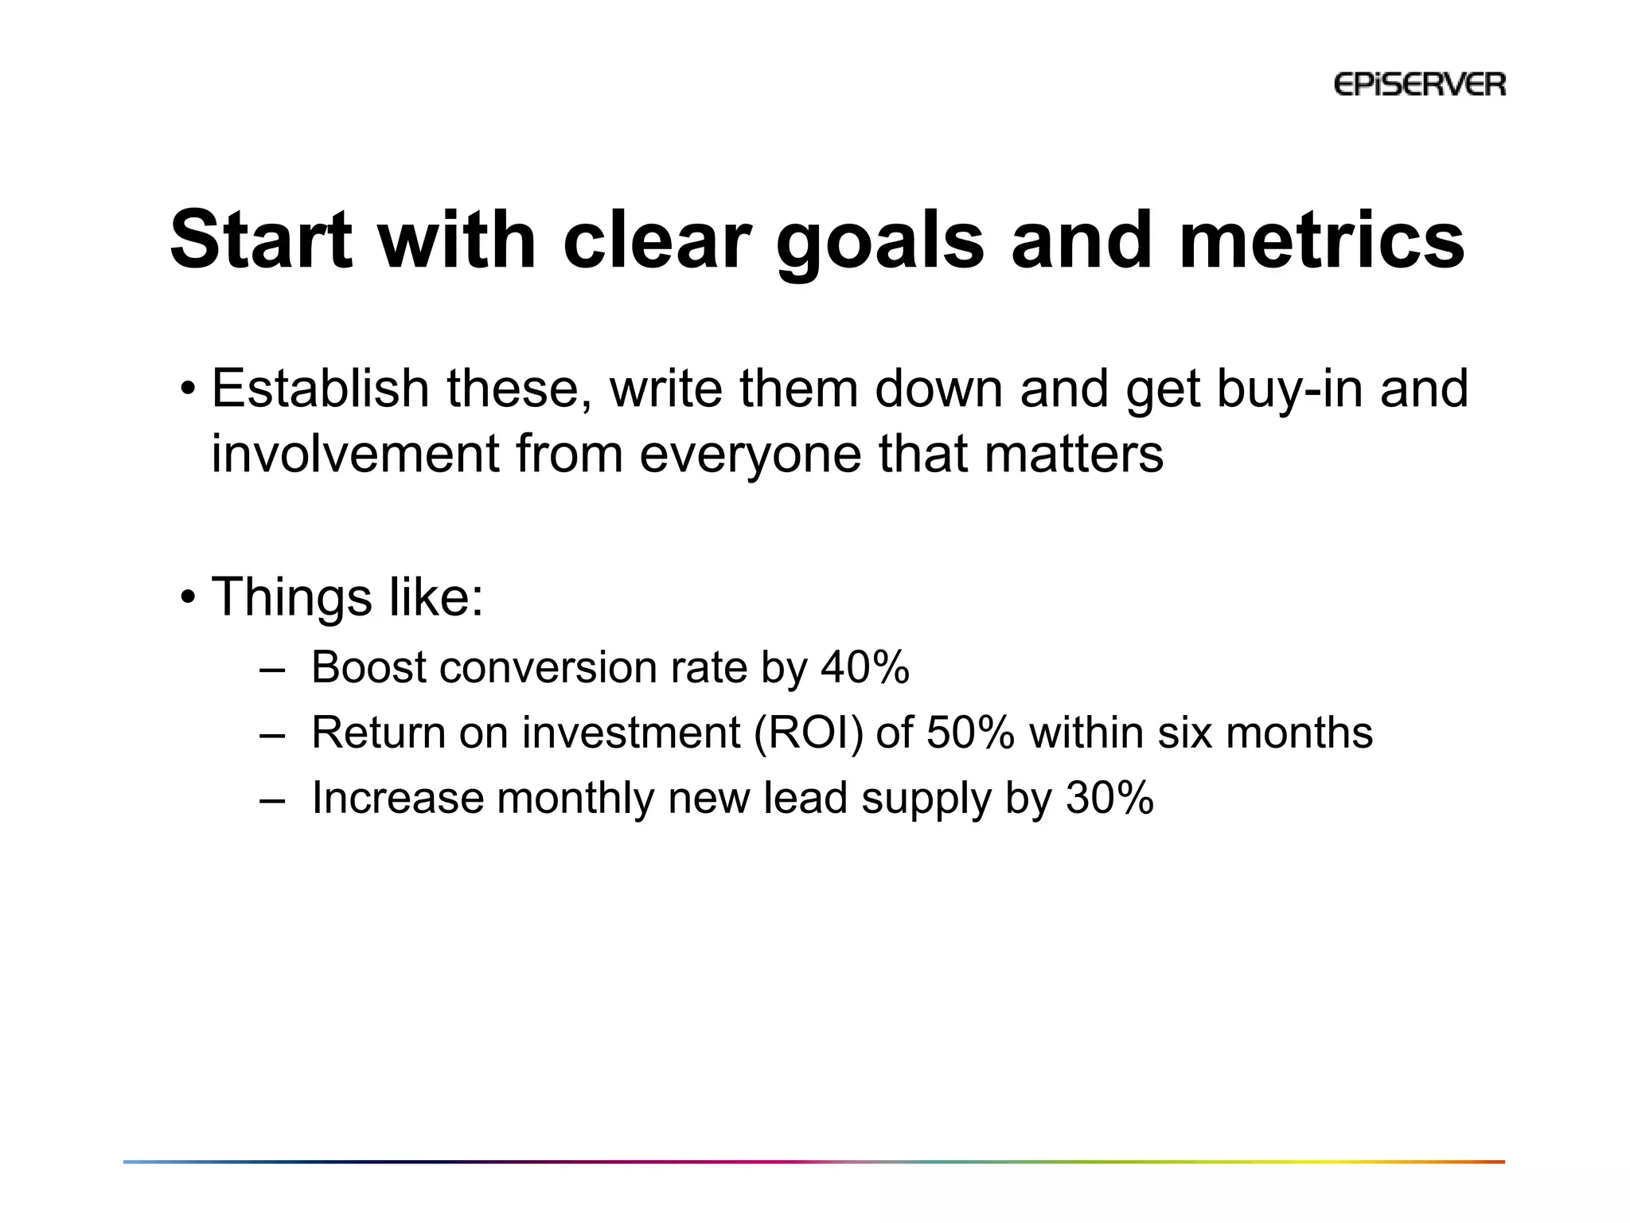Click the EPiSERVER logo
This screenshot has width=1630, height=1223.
1419,84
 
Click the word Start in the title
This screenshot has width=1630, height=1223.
261,240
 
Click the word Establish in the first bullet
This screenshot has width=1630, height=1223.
320,389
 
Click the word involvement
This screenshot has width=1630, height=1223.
355,454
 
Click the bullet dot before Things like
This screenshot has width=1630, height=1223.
188,597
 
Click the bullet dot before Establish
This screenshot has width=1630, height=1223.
188,389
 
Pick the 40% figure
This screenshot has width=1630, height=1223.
865,667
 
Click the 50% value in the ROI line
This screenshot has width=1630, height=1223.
970,733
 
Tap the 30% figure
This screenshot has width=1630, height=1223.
1109,798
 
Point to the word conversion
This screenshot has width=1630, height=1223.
548,667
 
